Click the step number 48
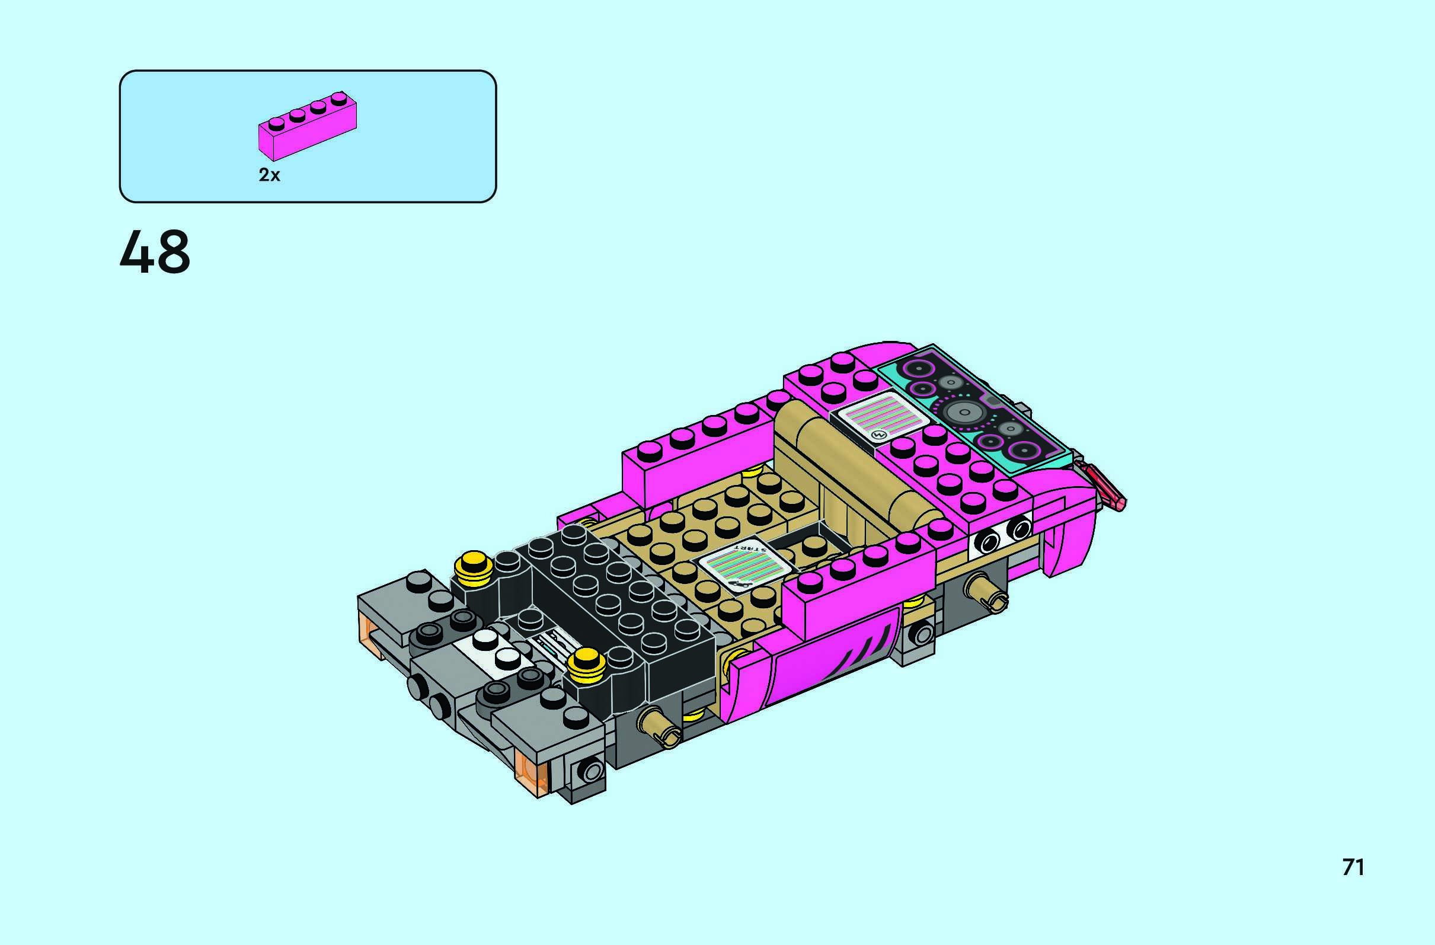tap(155, 253)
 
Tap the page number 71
tap(1353, 867)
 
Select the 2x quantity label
tap(270, 175)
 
